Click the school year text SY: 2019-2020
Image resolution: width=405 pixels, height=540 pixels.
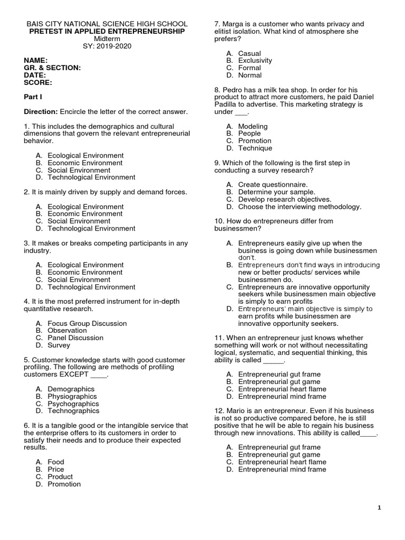pyautogui.click(x=107, y=46)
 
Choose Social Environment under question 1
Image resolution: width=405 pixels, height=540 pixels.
pyautogui.click(x=79, y=170)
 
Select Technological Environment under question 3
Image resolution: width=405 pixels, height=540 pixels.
pyautogui.click(x=91, y=287)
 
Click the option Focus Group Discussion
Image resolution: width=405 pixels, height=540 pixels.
pyautogui.click(x=87, y=323)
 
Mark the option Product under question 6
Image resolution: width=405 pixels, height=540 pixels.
pyautogui.click(x=60, y=476)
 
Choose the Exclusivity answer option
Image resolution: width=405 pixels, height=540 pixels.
pyautogui.click(x=255, y=61)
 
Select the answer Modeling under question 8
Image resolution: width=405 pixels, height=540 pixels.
pyautogui.click(x=253, y=127)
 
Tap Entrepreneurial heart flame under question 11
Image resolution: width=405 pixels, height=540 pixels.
pyautogui.click(x=282, y=389)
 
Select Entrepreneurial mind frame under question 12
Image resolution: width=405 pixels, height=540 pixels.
pyautogui.click(x=282, y=469)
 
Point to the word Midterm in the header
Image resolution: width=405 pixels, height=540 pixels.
pyautogui.click(x=107, y=39)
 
